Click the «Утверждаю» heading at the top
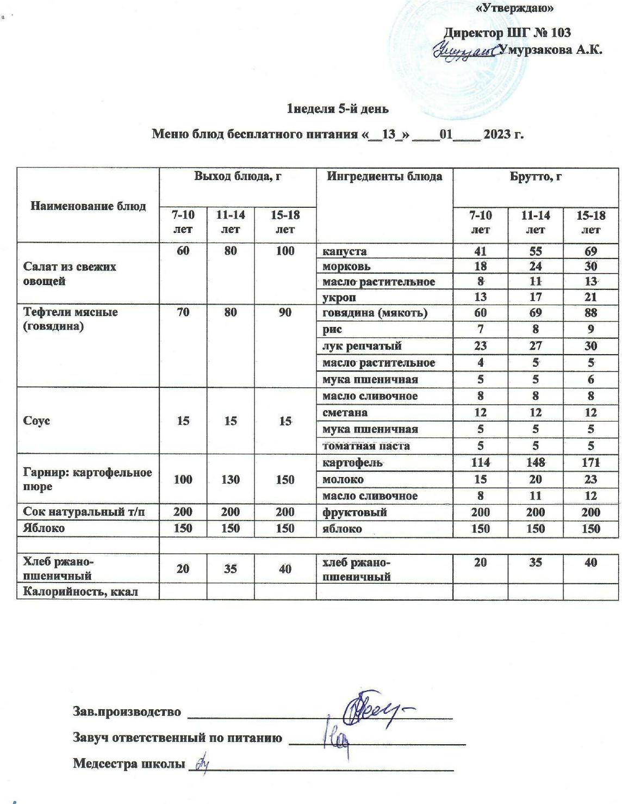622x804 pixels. pos(514,8)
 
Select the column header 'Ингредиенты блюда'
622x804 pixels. pos(384,177)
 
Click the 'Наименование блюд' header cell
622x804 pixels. pos(88,206)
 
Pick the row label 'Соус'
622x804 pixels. pos(37,421)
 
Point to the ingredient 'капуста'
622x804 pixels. pos(344,251)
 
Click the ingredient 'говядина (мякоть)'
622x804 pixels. pos(375,313)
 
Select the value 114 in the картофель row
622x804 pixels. pos(480,462)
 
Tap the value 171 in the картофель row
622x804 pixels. pos(590,462)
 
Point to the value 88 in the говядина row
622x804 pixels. pos(590,313)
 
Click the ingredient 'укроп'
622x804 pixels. pos(340,297)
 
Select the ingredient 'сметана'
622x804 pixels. pos(345,413)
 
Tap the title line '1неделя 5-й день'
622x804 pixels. pos(338,109)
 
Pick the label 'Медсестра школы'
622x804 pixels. pos(128,764)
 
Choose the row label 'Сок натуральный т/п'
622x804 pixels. pos(84,512)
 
